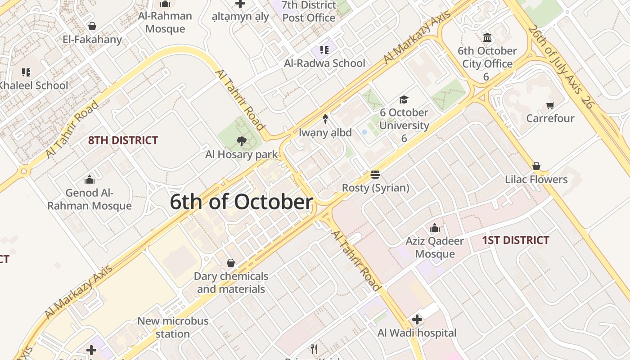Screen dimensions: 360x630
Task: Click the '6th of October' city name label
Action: click(241, 202)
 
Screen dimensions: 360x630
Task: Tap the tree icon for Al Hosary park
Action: click(242, 141)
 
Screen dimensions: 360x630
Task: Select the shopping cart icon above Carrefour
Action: click(550, 106)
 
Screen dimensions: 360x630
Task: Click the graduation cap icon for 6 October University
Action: click(404, 99)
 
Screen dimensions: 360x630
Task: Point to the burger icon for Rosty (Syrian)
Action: click(375, 175)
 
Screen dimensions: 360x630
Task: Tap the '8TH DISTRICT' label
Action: click(123, 140)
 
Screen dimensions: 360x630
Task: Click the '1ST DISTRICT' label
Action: click(516, 240)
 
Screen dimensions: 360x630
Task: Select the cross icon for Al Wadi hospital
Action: click(417, 320)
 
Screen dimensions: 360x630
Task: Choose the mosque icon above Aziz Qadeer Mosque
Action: click(435, 228)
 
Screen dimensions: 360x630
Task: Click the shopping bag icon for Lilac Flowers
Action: click(536, 166)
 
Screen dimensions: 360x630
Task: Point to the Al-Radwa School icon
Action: click(324, 50)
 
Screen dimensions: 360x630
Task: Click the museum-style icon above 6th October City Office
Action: click(487, 37)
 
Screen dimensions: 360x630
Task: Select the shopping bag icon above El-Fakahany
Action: click(92, 26)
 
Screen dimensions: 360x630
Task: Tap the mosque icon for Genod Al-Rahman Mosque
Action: click(90, 180)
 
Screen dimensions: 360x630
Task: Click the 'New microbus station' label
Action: click(173, 328)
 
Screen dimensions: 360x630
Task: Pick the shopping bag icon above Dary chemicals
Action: click(231, 263)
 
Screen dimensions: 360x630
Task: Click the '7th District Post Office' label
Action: click(309, 12)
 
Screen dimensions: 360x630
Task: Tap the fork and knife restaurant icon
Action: click(315, 349)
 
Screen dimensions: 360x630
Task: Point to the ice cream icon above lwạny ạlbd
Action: click(325, 119)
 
